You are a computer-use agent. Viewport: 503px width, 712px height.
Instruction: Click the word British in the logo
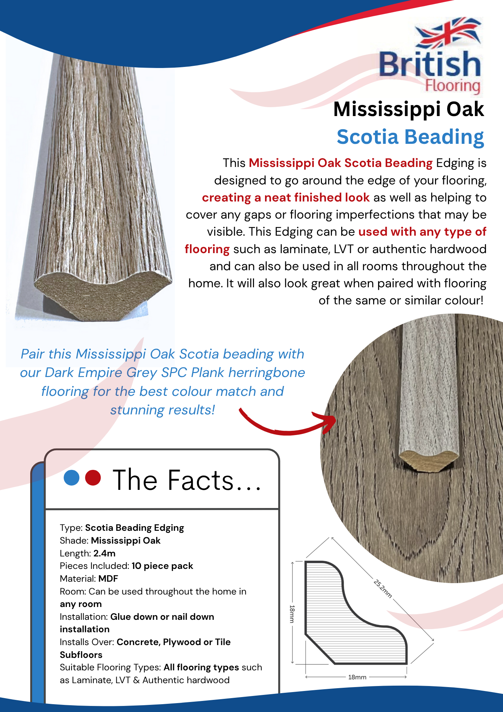tap(430, 64)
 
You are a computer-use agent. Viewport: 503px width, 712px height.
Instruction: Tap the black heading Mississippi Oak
tap(408, 109)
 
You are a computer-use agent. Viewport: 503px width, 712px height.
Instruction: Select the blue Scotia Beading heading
tap(410, 137)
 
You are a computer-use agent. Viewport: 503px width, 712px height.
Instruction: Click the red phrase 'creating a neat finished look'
tap(286, 198)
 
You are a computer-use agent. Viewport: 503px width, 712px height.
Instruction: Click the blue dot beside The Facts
tap(72, 478)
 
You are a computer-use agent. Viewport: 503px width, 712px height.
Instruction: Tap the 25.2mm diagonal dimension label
tap(383, 589)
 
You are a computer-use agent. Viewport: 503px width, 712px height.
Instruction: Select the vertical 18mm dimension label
tap(292, 614)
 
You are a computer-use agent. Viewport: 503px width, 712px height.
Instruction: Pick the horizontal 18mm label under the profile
tap(357, 677)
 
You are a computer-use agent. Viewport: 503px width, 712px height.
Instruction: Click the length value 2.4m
tap(105, 553)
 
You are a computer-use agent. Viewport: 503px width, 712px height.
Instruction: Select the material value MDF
tap(108, 578)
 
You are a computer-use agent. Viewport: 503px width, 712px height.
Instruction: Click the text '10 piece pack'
tap(162, 566)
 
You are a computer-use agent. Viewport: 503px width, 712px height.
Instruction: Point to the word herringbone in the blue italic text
tap(266, 373)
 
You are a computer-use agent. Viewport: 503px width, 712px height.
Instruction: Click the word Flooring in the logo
tap(452, 86)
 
